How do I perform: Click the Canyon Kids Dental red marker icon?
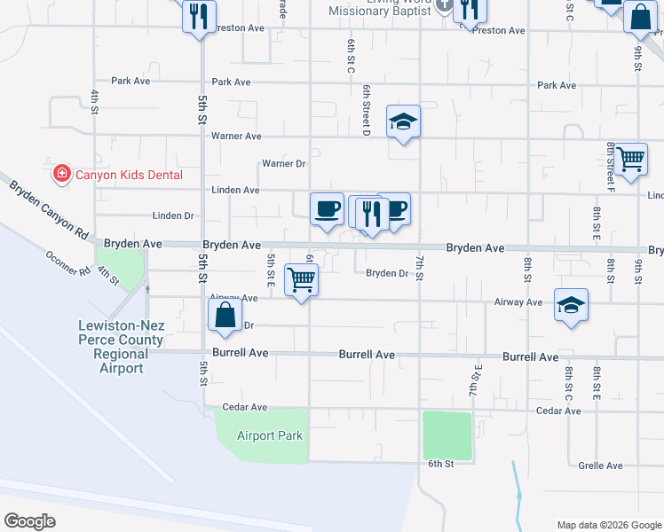coord(62,174)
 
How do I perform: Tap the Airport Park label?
coord(270,435)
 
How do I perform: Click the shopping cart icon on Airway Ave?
coord(301,280)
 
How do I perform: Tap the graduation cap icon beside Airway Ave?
coord(571,305)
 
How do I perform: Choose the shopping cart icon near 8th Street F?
coord(631,160)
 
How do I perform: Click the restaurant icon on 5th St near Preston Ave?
coord(199,16)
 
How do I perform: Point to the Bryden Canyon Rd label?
coord(50,209)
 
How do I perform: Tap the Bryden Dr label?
coord(387,273)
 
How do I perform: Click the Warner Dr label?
coord(283,164)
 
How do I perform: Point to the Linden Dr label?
coord(173,215)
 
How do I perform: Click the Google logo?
coord(29,521)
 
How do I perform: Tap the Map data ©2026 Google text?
coord(608,525)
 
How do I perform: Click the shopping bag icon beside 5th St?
coord(225,315)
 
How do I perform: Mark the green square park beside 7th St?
coord(447,435)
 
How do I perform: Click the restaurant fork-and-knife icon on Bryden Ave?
coord(370,213)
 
